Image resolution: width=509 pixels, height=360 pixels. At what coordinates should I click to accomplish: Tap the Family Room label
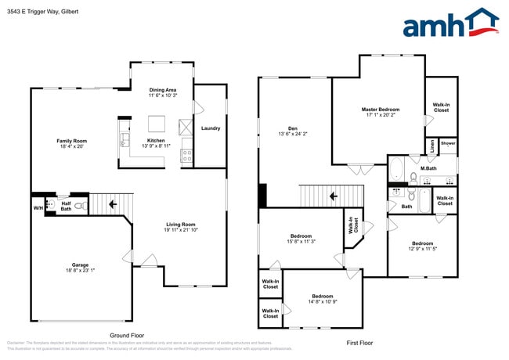point(70,141)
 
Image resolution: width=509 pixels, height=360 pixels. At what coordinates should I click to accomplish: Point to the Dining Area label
point(164,90)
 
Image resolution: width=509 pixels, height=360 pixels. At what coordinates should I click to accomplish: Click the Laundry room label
point(210,128)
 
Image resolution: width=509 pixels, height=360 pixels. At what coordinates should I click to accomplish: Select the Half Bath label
point(66,205)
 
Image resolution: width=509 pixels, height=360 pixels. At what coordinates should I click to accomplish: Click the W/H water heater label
point(38,207)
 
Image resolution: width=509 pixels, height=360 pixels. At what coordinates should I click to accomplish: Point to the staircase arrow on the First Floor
point(332,196)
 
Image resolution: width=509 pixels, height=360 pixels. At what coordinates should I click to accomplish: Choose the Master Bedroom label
point(381,109)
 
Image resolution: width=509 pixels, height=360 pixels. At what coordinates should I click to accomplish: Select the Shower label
point(447,143)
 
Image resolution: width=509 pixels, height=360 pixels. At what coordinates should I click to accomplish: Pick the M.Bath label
point(428,168)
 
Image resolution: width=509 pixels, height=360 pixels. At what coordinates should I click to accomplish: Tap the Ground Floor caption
point(126,334)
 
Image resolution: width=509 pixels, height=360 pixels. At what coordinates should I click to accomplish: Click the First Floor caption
point(359,343)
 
